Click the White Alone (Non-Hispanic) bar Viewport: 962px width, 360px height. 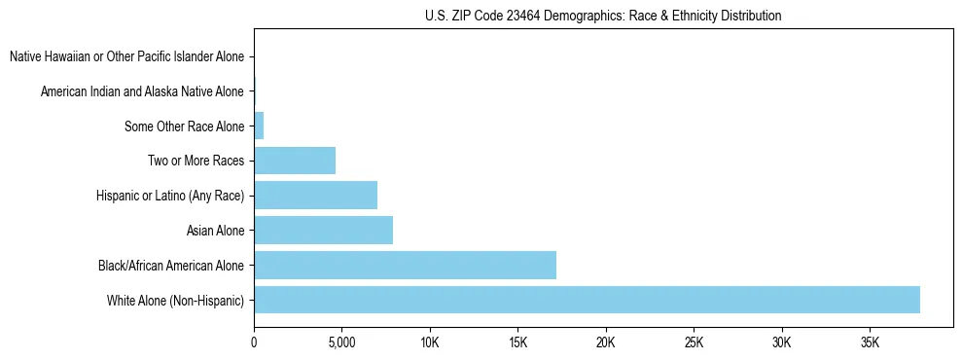pos(587,300)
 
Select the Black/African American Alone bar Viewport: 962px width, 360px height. pos(405,265)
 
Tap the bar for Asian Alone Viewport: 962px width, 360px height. pos(323,231)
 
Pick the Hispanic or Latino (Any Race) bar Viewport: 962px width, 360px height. pos(315,196)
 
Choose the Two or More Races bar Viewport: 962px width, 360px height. pos(295,161)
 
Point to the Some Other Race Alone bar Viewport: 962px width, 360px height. pos(259,126)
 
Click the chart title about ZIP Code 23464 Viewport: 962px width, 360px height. pos(603,16)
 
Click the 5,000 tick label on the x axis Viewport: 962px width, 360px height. pos(341,343)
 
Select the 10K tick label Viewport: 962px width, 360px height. pos(430,343)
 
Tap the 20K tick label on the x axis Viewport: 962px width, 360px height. pos(606,343)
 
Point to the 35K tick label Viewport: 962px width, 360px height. pos(870,343)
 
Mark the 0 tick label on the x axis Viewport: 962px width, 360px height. pos(254,343)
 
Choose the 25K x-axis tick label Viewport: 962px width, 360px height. pos(694,343)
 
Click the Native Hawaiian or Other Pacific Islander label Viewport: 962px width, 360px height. pos(126,56)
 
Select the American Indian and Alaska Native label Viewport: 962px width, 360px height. pos(142,91)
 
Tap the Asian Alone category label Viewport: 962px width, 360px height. pos(215,231)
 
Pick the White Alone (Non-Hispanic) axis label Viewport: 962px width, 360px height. pos(175,300)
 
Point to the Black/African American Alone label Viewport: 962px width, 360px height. pos(171,265)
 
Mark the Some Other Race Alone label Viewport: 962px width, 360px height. pos(184,126)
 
